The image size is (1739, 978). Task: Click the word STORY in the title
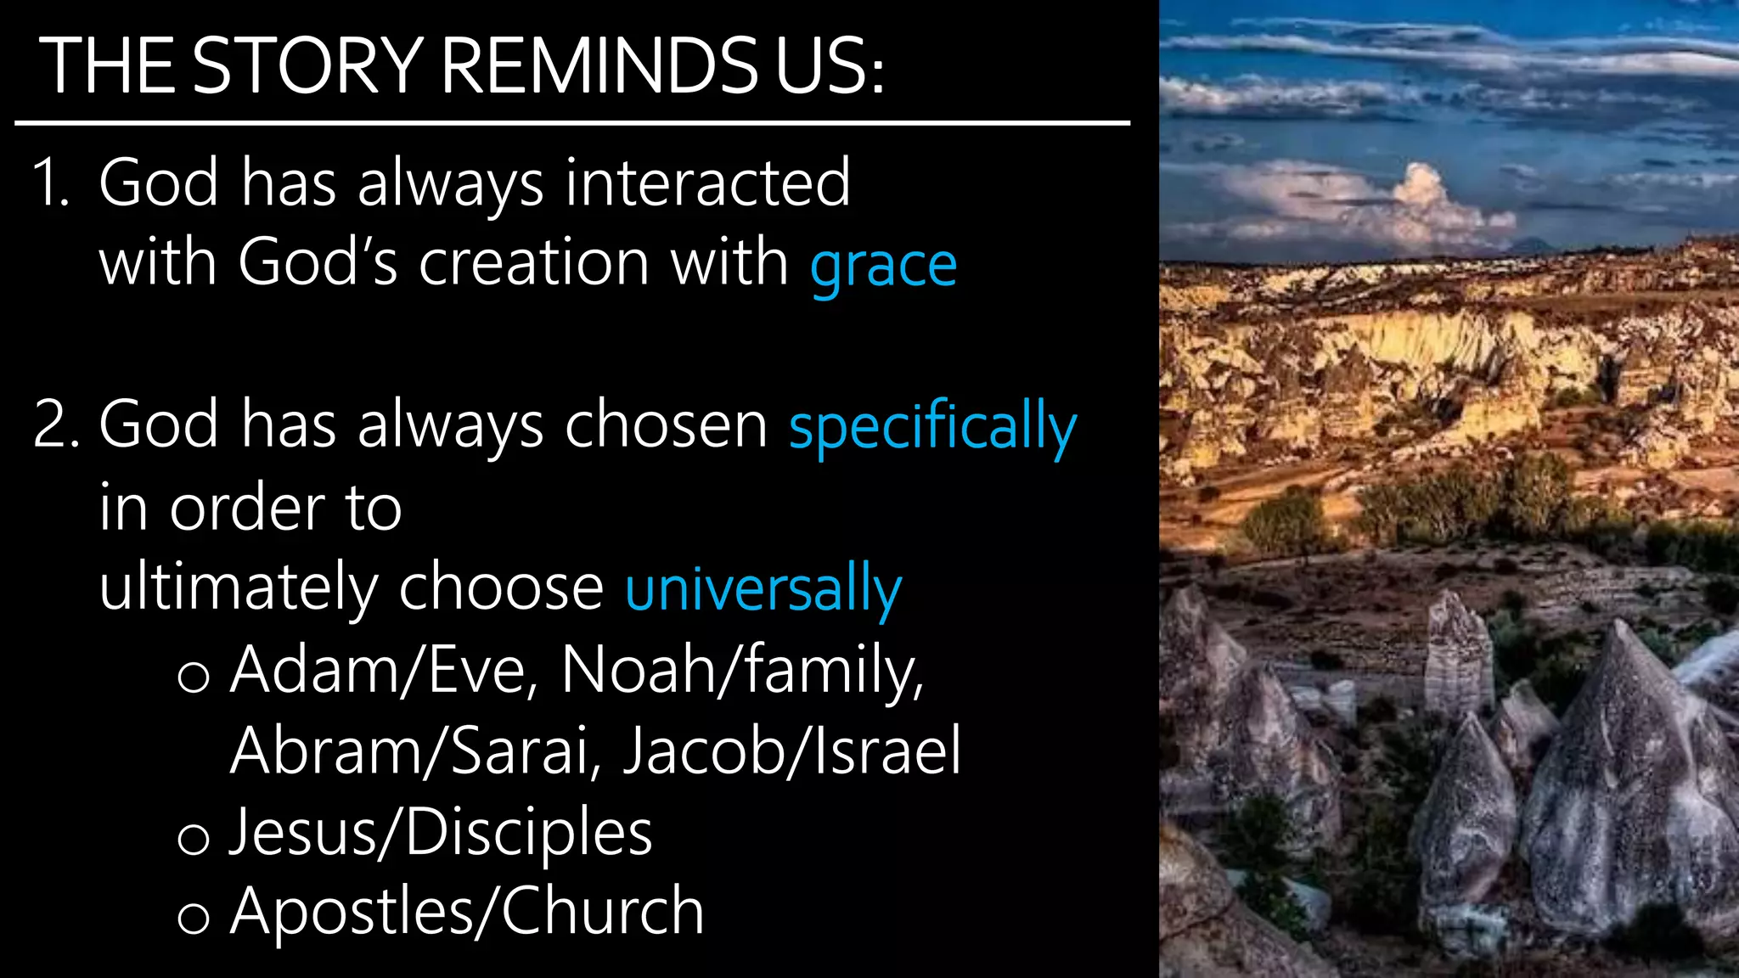pyautogui.click(x=307, y=65)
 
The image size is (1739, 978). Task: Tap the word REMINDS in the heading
pyautogui.click(x=599, y=65)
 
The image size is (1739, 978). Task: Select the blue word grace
pyautogui.click(x=883, y=266)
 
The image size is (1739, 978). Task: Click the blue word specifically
pyautogui.click(x=932, y=427)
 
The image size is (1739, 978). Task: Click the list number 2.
pyautogui.click(x=54, y=424)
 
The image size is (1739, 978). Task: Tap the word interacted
pyautogui.click(x=707, y=183)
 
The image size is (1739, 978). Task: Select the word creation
pyautogui.click(x=534, y=263)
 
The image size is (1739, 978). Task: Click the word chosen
pyautogui.click(x=666, y=424)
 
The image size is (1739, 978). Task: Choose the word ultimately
pyautogui.click(x=239, y=588)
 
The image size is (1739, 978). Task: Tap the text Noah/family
pyautogui.click(x=741, y=671)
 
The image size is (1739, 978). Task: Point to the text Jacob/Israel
pyautogui.click(x=791, y=751)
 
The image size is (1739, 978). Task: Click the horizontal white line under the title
pyautogui.click(x=571, y=123)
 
